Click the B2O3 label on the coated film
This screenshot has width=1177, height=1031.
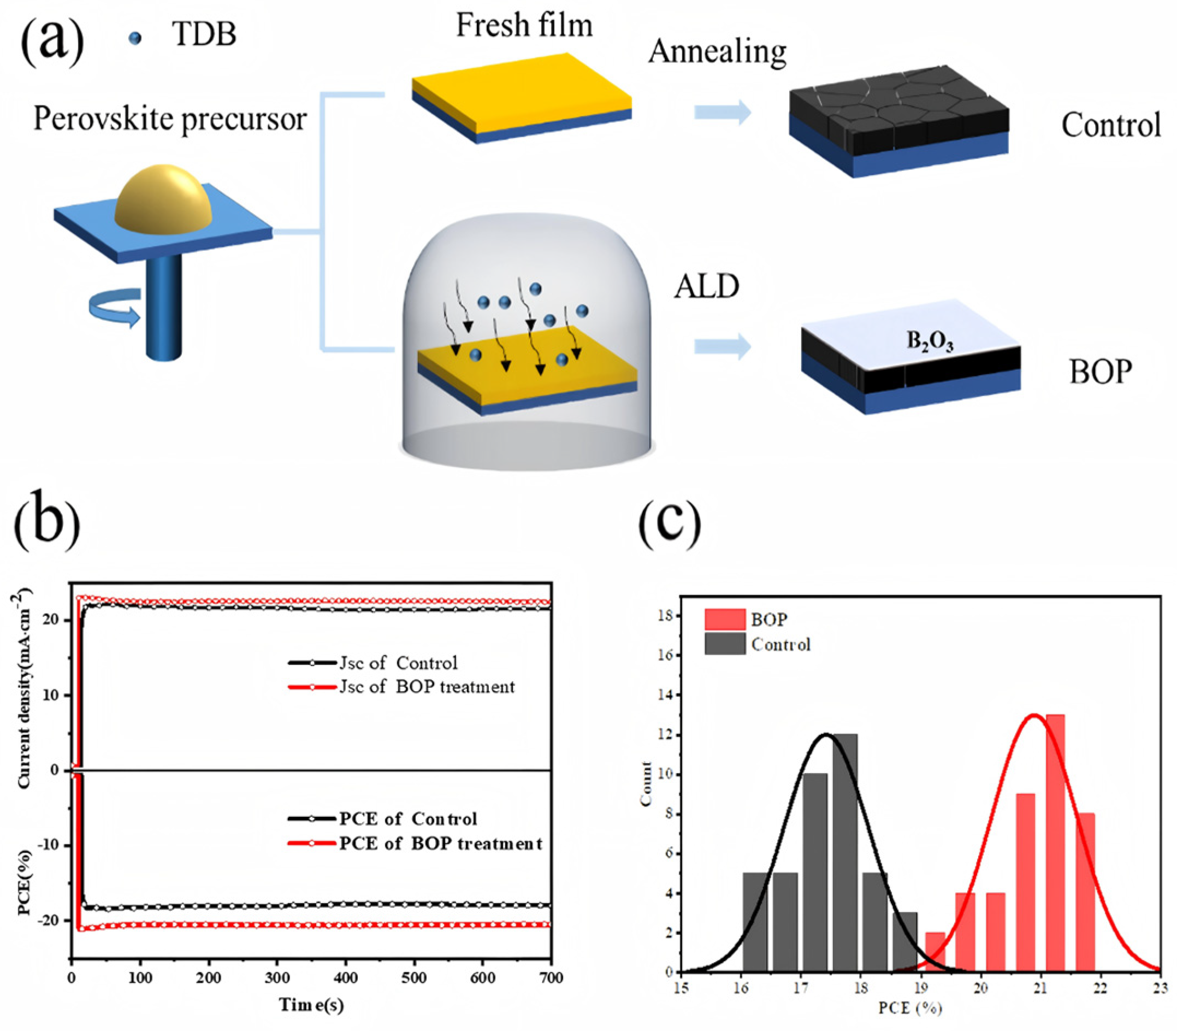point(929,341)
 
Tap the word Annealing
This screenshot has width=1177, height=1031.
point(717,52)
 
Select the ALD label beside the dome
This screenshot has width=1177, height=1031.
point(706,286)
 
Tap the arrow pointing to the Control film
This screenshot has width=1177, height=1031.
point(722,112)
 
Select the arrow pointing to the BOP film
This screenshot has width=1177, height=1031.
point(722,346)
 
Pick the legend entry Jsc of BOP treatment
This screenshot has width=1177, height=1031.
point(426,687)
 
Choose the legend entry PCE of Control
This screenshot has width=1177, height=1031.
point(407,818)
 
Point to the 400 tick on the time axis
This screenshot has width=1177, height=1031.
point(346,977)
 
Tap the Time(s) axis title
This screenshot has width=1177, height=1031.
point(311,1005)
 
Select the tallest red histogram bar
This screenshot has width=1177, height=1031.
point(1055,843)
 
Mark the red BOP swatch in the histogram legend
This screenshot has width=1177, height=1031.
point(724,620)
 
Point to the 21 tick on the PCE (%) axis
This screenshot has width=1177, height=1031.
point(1039,988)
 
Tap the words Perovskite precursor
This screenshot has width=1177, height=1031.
point(170,119)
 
